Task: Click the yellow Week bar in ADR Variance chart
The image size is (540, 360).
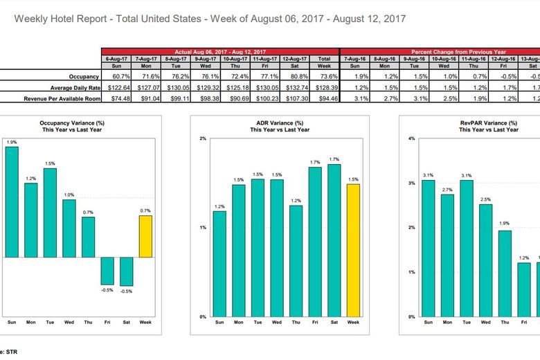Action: pos(353,250)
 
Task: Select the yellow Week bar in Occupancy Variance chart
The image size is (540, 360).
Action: pos(145,236)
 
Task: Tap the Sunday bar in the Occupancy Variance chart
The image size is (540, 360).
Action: pos(12,201)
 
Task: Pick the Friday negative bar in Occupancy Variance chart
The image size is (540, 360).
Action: pos(107,271)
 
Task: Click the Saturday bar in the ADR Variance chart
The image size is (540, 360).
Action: pos(334,240)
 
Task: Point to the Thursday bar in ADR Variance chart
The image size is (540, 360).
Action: pos(296,260)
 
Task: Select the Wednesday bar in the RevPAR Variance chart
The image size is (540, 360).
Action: pos(485,260)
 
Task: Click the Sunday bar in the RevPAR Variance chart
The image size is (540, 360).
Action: pos(428,247)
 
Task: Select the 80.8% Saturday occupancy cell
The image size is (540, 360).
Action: pos(298,76)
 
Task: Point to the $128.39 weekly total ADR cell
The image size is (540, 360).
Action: pos(324,88)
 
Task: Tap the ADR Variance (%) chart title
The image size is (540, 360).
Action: pos(277,125)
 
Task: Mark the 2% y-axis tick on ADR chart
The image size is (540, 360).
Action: pos(203,138)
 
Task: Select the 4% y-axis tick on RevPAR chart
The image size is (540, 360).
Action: pos(411,138)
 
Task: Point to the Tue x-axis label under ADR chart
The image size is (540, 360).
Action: pos(258,323)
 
